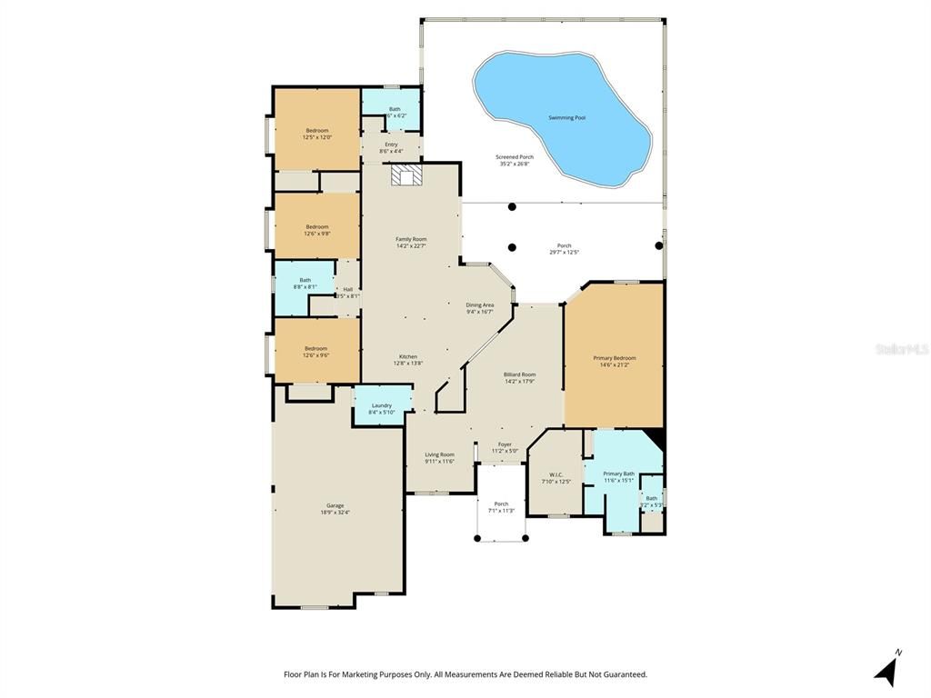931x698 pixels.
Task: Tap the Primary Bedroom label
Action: tap(614, 358)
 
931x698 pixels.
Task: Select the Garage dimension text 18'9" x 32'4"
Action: tap(335, 513)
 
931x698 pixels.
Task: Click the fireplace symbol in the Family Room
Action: tap(403, 174)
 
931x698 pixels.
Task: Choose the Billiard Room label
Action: tap(519, 374)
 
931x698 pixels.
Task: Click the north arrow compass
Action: tap(888, 670)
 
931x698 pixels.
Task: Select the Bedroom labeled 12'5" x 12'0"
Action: tap(317, 131)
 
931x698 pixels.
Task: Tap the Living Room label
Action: tap(439, 454)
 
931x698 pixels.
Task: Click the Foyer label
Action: tap(505, 444)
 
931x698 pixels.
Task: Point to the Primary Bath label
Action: tap(618, 474)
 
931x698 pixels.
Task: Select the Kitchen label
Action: tap(408, 356)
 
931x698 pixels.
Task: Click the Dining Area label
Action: tap(480, 305)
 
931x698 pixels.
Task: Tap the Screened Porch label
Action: tap(515, 157)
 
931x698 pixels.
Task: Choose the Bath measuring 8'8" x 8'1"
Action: tap(305, 281)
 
